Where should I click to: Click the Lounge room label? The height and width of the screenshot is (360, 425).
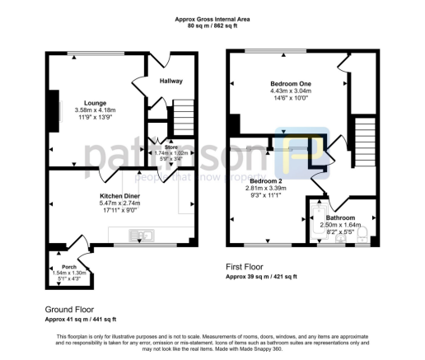pyautogui.click(x=83, y=102)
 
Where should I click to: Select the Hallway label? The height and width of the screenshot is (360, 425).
pyautogui.click(x=170, y=81)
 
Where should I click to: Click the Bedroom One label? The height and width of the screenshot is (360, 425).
pyautogui.click(x=289, y=83)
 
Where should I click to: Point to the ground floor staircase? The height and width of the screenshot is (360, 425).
pyautogui.click(x=182, y=116)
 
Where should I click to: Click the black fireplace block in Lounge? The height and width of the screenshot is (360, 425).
pyautogui.click(x=55, y=110)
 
